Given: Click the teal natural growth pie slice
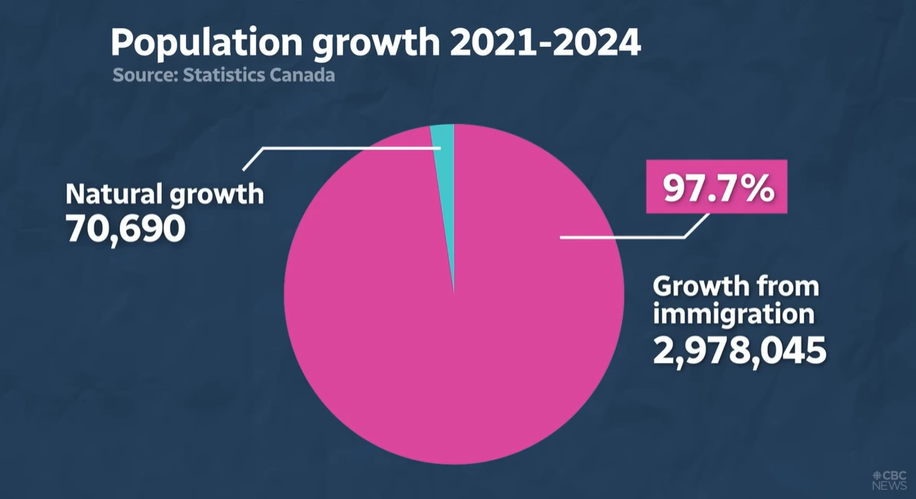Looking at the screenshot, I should click(444, 138).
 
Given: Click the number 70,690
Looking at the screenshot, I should click(125, 228).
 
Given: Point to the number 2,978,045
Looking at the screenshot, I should click(739, 351).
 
